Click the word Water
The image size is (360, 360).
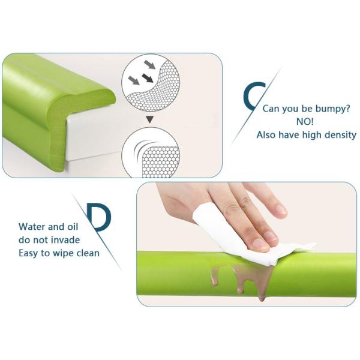point(32,227)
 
